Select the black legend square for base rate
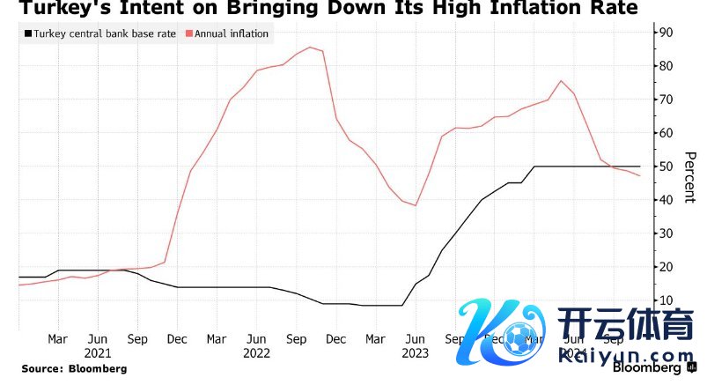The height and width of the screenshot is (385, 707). click(27, 34)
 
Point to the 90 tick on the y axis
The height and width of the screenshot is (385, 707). click(666, 33)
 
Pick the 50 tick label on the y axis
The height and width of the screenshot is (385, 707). click(666, 167)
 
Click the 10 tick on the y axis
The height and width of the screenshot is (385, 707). click(666, 300)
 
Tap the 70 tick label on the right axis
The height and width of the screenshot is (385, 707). click(666, 100)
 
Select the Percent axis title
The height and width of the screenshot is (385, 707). click(690, 175)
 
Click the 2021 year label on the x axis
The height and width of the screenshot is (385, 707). click(98, 353)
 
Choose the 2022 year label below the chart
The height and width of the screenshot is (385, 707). click(256, 353)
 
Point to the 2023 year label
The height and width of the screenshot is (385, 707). click(415, 353)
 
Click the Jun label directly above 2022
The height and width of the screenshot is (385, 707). click(256, 338)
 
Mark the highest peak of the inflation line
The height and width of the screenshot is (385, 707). click(310, 47)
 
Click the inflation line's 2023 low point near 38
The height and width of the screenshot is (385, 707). click(415, 205)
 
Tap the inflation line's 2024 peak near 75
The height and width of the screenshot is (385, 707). click(561, 81)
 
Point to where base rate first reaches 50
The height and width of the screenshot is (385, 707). click(534, 166)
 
